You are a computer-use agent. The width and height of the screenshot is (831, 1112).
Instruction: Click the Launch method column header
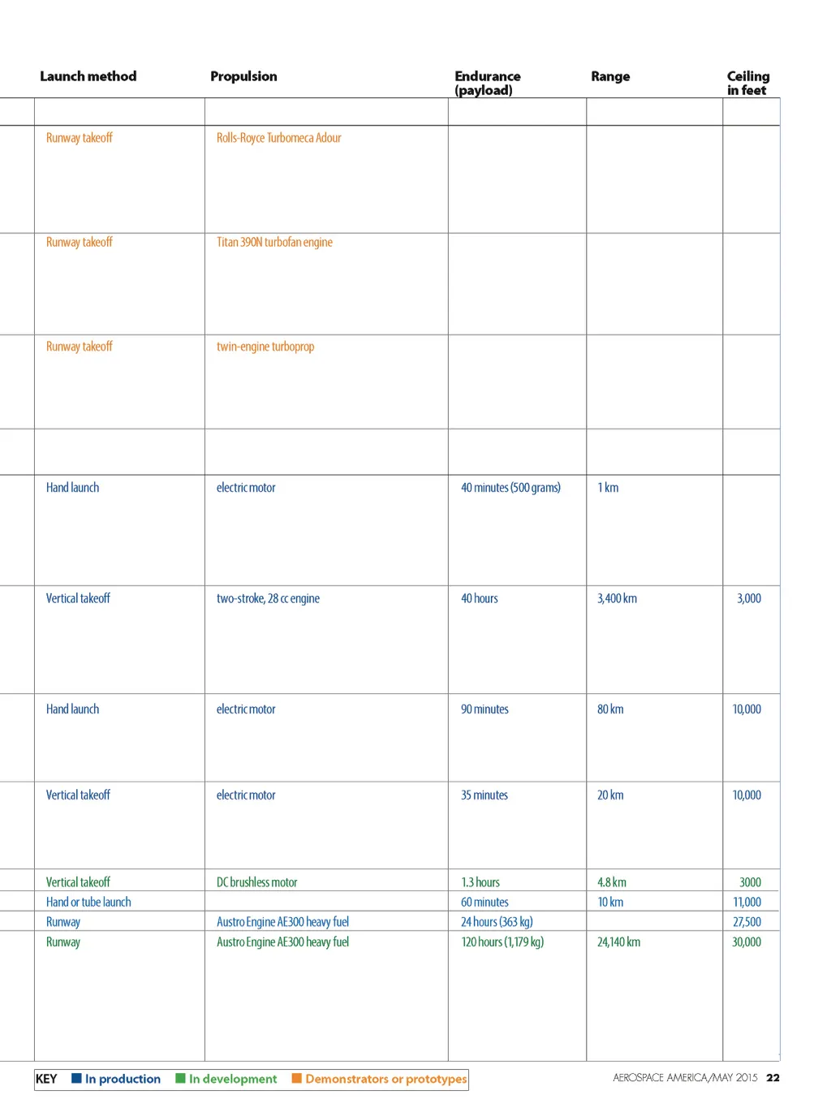(x=88, y=76)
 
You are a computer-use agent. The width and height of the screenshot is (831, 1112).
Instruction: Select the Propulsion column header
(x=243, y=76)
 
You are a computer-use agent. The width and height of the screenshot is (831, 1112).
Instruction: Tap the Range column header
(x=610, y=76)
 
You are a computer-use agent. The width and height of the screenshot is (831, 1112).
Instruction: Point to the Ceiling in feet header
(x=747, y=83)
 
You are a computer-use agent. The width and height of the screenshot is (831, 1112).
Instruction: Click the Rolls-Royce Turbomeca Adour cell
(x=278, y=138)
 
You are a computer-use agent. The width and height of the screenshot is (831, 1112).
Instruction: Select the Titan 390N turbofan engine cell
(x=274, y=242)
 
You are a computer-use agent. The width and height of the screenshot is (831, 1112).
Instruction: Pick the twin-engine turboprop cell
(x=265, y=347)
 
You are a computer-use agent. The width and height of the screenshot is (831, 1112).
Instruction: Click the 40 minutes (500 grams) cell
(x=510, y=488)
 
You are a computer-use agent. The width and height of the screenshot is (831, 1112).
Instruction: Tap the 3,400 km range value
(x=617, y=598)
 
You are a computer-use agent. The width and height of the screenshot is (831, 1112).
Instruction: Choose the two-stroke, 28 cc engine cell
(x=268, y=598)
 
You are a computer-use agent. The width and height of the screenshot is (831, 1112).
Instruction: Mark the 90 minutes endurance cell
(x=484, y=709)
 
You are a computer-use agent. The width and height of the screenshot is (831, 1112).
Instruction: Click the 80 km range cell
(x=610, y=709)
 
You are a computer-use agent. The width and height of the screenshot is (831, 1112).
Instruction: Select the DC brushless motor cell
(x=256, y=882)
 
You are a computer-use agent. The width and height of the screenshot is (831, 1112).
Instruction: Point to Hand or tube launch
(x=88, y=902)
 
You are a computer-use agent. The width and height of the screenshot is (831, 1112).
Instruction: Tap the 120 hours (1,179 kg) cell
(x=502, y=942)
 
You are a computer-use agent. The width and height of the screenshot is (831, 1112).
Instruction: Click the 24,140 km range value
(x=618, y=942)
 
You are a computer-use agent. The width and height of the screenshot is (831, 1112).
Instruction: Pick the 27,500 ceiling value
(x=747, y=922)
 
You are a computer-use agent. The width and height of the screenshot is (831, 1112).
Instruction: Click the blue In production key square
(x=76, y=1079)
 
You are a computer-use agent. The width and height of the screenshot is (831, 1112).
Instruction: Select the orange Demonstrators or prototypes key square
(x=297, y=1079)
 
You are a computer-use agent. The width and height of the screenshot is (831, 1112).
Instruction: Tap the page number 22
(x=773, y=1078)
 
